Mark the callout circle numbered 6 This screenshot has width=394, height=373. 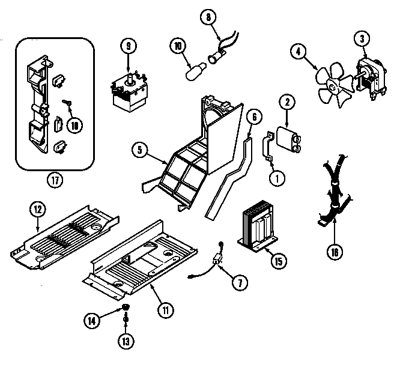[253, 117]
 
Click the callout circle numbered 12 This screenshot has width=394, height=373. [38, 209]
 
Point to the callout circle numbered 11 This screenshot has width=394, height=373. [166, 310]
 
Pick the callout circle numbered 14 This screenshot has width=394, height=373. [92, 320]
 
